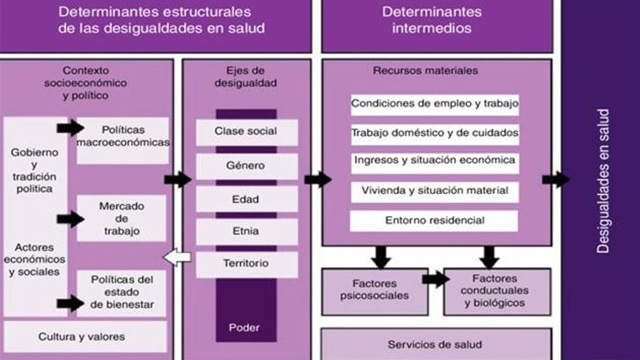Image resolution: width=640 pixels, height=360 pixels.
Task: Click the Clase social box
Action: (x=247, y=132)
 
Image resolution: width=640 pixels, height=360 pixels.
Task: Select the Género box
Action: (x=247, y=166)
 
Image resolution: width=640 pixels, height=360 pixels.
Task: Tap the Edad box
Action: (x=247, y=199)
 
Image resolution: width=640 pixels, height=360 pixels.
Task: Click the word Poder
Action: (x=244, y=327)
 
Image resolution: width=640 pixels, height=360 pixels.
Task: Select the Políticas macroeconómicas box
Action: (x=122, y=137)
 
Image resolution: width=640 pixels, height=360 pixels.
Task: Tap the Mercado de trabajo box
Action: (x=121, y=219)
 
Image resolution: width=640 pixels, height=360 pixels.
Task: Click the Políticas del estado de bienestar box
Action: (x=121, y=293)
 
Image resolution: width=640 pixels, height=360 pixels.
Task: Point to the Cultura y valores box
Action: (x=81, y=337)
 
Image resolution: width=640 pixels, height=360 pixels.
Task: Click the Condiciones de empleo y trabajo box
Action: (x=435, y=103)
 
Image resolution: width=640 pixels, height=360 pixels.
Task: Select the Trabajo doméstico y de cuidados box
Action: (x=435, y=133)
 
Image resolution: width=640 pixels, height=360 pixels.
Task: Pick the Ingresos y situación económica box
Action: (x=435, y=161)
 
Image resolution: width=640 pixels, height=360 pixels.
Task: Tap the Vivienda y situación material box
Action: (x=435, y=191)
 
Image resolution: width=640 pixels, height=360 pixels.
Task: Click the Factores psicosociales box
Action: (x=374, y=290)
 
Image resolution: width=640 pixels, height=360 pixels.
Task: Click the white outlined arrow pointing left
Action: (x=177, y=257)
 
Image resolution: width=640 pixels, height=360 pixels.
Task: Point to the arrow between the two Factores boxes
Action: (x=435, y=279)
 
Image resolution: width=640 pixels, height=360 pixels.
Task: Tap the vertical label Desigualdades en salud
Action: (x=603, y=180)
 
